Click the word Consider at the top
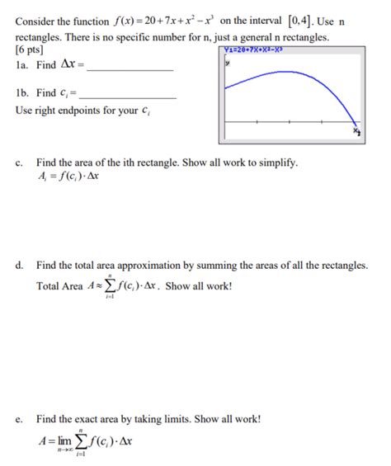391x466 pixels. click(x=35, y=21)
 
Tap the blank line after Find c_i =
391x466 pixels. click(x=131, y=96)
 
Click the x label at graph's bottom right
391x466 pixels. click(x=356, y=131)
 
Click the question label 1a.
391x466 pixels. click(x=23, y=67)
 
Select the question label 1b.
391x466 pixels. click(x=23, y=93)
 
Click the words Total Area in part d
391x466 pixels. click(x=59, y=286)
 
